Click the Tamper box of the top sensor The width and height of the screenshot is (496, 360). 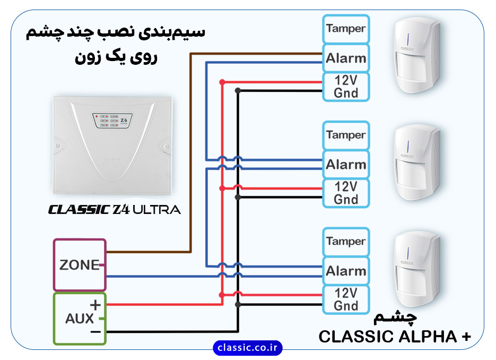[x=346, y=29]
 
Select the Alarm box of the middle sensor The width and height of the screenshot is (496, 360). [x=346, y=165]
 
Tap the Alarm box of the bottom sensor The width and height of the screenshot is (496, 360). [x=346, y=271]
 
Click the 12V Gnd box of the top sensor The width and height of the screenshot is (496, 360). [x=346, y=87]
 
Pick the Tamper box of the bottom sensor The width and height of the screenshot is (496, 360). [x=346, y=242]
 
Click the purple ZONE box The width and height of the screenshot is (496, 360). [x=80, y=264]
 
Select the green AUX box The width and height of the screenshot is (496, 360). [x=80, y=319]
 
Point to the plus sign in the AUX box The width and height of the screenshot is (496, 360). [x=95, y=305]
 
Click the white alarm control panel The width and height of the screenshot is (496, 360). [x=113, y=146]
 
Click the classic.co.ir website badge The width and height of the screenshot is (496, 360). [x=248, y=348]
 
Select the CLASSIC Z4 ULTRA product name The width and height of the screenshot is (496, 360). [x=114, y=209]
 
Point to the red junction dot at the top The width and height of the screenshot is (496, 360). [x=222, y=82]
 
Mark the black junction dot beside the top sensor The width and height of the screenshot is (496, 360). [x=238, y=91]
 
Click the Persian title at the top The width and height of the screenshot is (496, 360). [x=116, y=42]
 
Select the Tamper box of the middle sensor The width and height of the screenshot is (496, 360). [x=346, y=135]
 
